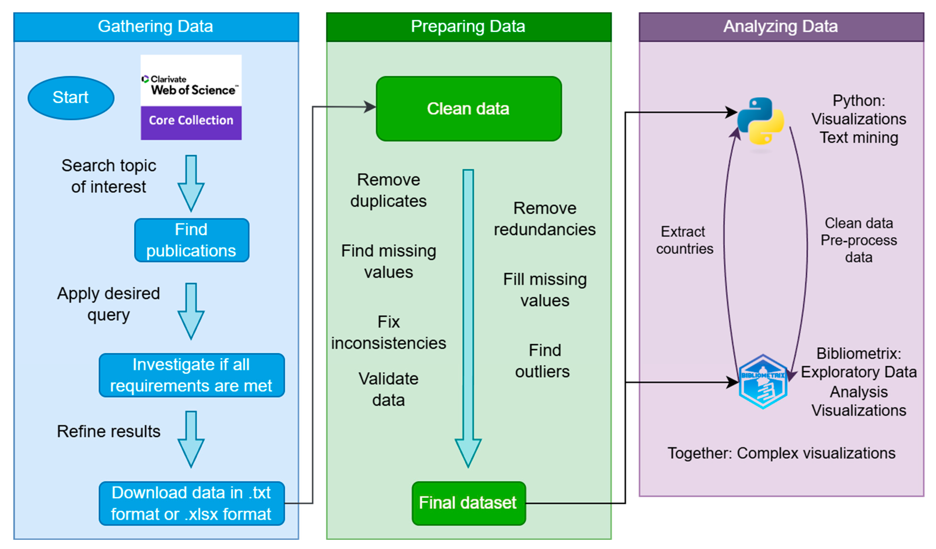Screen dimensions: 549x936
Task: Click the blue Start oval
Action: tap(71, 98)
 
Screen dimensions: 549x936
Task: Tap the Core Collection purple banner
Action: tap(191, 121)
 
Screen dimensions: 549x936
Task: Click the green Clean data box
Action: tap(468, 109)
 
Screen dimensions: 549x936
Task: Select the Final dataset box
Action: tap(468, 503)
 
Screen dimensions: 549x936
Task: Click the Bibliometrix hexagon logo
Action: tap(763, 382)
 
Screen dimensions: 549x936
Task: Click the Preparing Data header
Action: tap(468, 27)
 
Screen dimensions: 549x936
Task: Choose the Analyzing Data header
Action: tap(781, 27)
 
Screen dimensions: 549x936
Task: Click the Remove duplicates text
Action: tap(388, 190)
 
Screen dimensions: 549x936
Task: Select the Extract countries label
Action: tap(684, 240)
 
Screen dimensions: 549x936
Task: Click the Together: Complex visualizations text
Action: tap(781, 453)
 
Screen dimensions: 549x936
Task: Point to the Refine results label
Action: tap(108, 431)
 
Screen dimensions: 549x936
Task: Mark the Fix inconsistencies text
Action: tap(388, 332)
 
